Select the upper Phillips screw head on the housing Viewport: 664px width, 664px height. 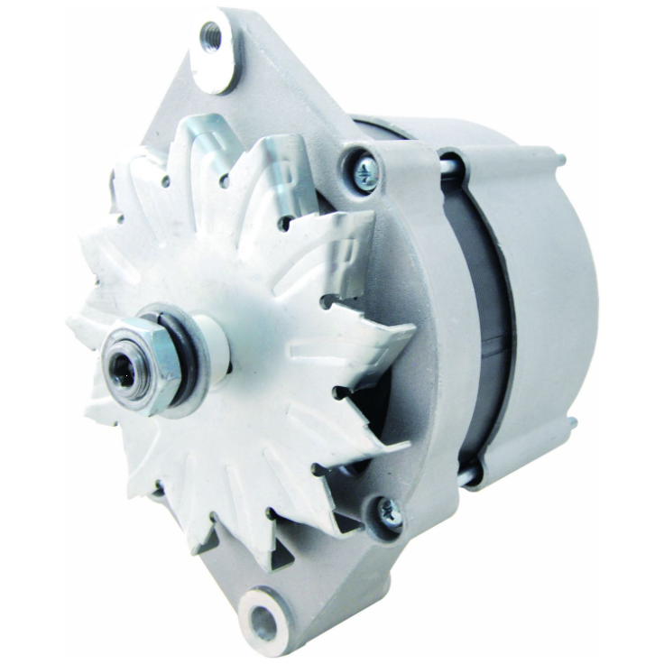pyautogui.click(x=365, y=172)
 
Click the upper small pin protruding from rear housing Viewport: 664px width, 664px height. pyautogui.click(x=561, y=161)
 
